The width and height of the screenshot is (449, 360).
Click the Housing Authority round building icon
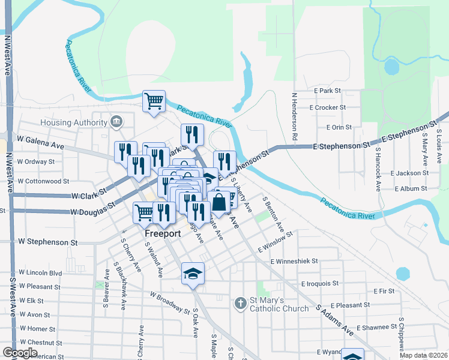(116, 122)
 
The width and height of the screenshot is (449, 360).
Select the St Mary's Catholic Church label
(279, 305)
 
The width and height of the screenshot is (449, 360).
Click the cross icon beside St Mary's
(240, 303)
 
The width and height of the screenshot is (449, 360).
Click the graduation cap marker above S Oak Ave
(193, 274)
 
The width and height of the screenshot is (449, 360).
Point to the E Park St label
(327, 91)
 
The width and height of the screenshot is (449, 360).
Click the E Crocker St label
(327, 107)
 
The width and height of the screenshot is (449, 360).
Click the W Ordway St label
(36, 161)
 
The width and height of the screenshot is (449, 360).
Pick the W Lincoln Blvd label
(40, 273)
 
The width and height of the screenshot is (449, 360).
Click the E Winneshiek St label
(294, 262)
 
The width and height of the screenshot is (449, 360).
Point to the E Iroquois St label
(320, 283)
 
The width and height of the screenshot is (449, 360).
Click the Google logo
(20, 353)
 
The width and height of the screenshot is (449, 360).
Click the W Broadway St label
(170, 302)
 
